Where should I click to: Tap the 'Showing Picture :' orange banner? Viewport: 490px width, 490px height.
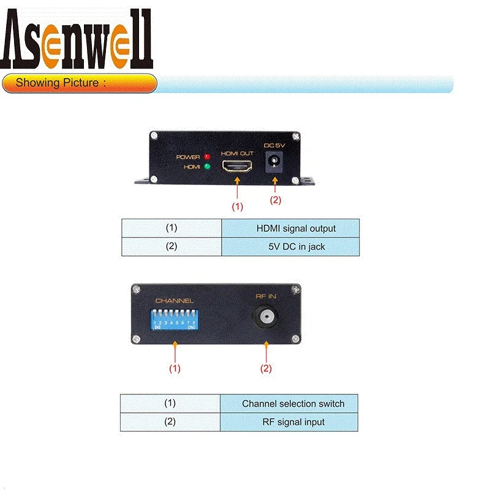80,83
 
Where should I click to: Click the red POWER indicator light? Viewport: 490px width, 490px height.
207,156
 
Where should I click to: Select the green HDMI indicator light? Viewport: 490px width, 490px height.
207,166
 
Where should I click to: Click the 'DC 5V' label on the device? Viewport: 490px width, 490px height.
274,146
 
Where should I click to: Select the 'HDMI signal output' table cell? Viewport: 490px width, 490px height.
290,228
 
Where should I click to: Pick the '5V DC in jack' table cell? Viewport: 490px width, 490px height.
290,247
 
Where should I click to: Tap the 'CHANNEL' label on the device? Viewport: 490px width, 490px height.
174,301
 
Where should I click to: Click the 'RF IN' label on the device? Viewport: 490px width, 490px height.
266,296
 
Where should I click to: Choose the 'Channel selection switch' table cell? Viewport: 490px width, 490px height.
289,404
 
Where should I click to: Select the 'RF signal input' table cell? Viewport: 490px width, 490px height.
289,422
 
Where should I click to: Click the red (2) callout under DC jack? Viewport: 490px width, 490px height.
275,200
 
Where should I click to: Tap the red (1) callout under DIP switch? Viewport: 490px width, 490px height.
175,369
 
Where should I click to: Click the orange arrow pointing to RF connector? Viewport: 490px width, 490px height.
266,351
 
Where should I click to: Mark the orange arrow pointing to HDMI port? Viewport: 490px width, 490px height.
236,187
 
